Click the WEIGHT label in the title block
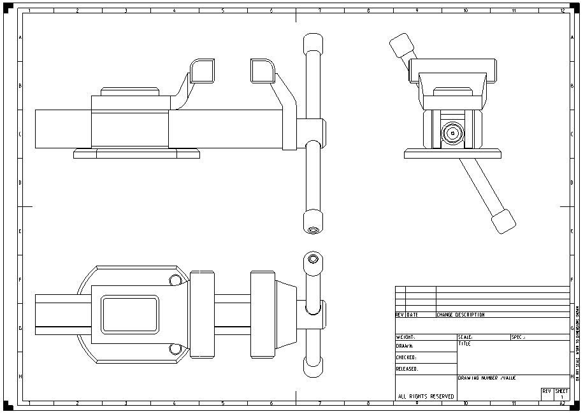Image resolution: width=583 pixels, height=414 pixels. tap(406, 337)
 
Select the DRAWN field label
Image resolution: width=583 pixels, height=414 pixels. tap(405, 346)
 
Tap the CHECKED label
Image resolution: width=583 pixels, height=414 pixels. tap(407, 357)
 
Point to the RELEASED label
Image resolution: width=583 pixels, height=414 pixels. tap(407, 369)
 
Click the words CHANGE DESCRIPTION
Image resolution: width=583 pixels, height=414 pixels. tap(461, 315)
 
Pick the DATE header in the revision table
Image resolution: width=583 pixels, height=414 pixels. tap(413, 315)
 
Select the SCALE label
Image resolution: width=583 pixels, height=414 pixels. tap(465, 337)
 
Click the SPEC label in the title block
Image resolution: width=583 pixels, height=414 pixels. tap(518, 337)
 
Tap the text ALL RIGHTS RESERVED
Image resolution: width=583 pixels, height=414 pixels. tap(426, 396)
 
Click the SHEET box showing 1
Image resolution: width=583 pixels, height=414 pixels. tap(561, 394)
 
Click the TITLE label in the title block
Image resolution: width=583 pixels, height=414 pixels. tap(464, 343)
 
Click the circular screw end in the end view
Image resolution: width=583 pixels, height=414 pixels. tap(452, 133)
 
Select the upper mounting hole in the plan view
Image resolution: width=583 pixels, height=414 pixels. tap(174, 280)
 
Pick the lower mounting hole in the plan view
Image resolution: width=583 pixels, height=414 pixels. tap(174, 348)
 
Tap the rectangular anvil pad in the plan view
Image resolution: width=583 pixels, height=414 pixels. tap(129, 315)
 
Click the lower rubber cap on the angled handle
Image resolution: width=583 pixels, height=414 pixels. tap(502, 221)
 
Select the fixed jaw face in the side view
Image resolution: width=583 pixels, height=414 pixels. tap(202, 70)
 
